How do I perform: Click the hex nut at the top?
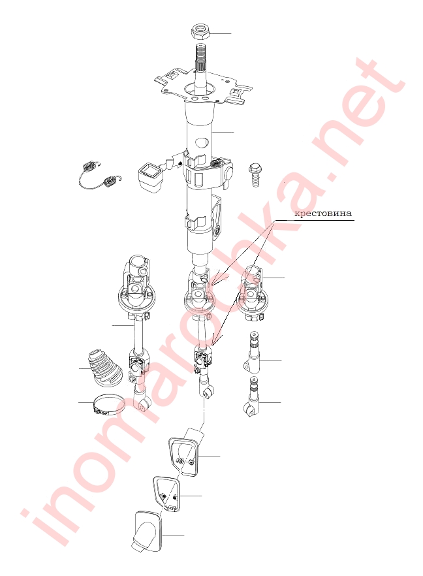click(200, 32)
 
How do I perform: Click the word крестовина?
click(323, 213)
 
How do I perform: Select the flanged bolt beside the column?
click(255, 175)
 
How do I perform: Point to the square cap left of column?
click(149, 178)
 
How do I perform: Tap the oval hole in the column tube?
click(202, 142)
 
